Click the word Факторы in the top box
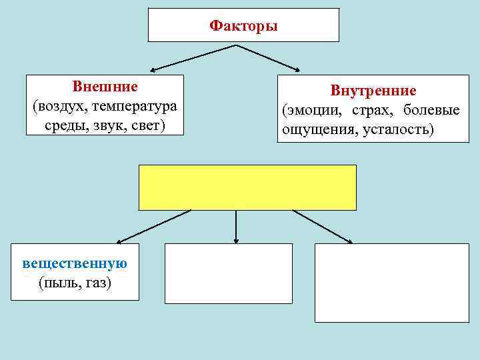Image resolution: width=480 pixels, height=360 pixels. (243, 26)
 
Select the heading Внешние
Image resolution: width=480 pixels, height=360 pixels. (105, 87)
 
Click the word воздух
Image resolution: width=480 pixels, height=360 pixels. (60, 106)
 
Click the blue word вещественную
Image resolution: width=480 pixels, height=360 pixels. (75, 263)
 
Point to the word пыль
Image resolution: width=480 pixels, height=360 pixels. (59, 283)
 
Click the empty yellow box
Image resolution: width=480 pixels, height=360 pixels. (247, 187)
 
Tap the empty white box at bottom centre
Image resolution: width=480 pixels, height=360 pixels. (229, 273)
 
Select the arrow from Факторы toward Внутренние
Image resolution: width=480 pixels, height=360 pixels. (268, 57)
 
